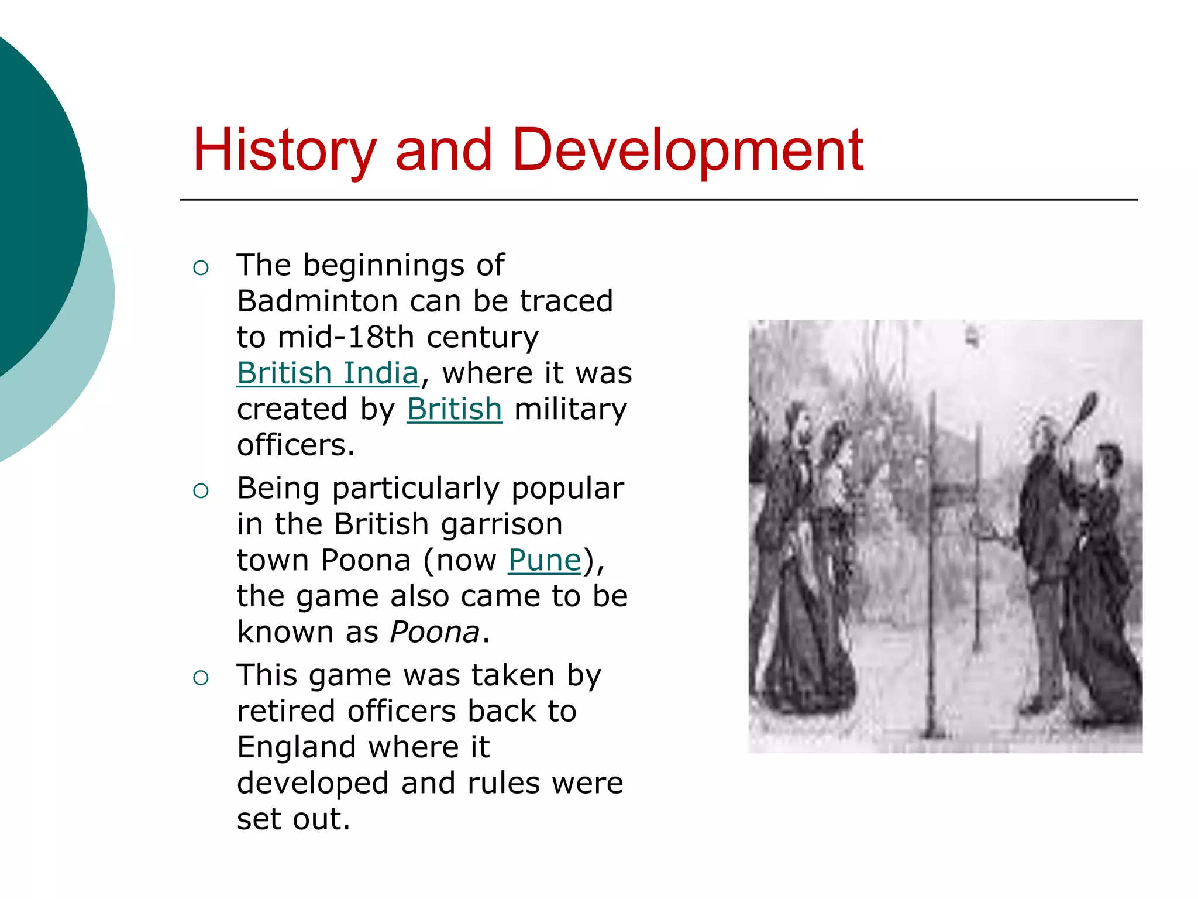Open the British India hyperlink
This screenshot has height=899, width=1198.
click(x=328, y=373)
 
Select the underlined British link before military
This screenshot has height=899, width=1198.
click(x=455, y=409)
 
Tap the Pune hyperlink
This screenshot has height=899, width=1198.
click(x=545, y=560)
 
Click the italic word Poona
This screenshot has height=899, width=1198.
click(x=435, y=632)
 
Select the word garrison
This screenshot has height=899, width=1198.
click(x=501, y=524)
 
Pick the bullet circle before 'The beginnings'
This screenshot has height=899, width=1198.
click(x=201, y=268)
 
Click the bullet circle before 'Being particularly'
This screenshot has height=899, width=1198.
click(x=201, y=490)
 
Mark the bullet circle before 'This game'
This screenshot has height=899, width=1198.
click(x=201, y=678)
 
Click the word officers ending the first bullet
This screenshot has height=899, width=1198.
click(x=295, y=445)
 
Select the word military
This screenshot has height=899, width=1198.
click(x=570, y=409)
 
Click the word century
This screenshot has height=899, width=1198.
click(x=483, y=337)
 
